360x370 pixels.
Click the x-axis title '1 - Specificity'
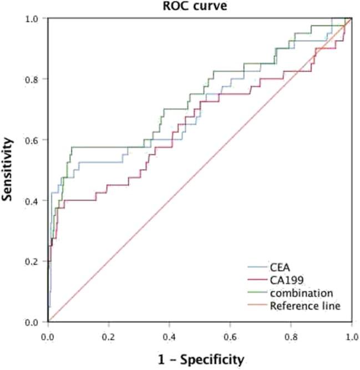199,359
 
